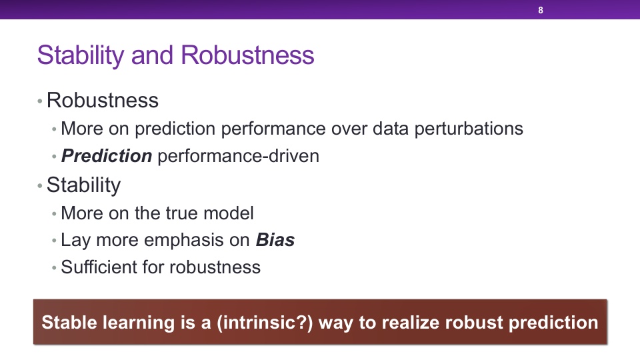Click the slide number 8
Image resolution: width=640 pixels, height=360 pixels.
coord(541,10)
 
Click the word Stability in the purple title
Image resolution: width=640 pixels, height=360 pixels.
coord(81,55)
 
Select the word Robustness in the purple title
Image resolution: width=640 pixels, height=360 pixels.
coord(247,55)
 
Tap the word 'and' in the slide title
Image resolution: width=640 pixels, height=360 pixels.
coord(152,55)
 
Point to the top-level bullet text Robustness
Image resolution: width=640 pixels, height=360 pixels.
coord(103,100)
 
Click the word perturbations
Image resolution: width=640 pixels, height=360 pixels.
coord(469,129)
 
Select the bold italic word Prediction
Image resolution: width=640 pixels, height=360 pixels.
coord(107,156)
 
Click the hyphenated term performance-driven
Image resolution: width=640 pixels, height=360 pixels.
coord(239,156)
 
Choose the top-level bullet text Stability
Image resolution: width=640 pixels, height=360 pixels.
coord(84,185)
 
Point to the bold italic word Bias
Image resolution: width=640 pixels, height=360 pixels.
coord(275,240)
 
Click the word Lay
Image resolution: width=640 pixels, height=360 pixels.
coord(75,241)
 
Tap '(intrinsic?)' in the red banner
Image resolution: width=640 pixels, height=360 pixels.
coord(265,323)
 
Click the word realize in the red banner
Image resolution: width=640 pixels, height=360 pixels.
coord(412,323)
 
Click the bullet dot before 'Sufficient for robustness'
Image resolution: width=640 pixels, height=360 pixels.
coord(54,268)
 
